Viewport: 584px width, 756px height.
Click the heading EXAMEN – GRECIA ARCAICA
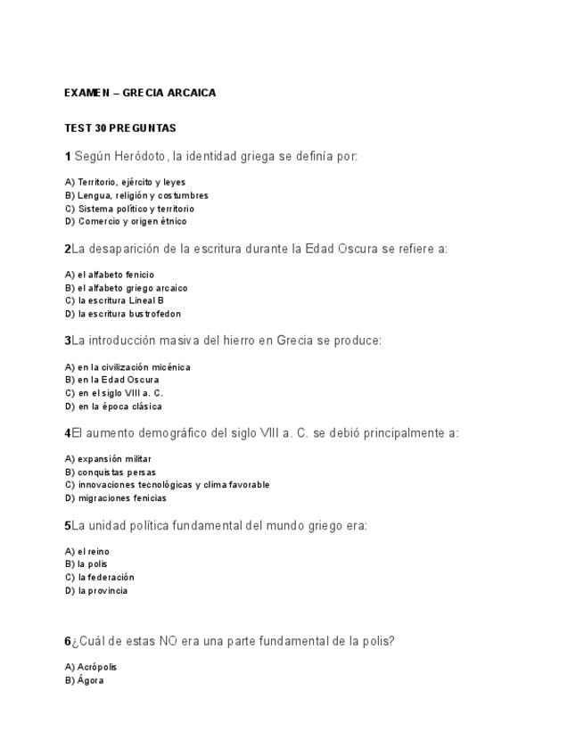(140, 93)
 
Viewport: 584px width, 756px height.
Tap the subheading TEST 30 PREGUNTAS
(120, 128)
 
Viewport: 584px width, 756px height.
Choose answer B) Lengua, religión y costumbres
(136, 195)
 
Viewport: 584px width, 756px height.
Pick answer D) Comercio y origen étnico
(126, 221)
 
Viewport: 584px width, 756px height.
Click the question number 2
(68, 250)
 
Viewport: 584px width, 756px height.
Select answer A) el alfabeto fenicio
(110, 275)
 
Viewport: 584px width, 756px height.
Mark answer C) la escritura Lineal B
(114, 300)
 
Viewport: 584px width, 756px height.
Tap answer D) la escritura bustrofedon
(123, 314)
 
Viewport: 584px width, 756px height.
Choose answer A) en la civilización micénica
(127, 366)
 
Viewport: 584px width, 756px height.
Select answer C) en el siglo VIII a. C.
(114, 392)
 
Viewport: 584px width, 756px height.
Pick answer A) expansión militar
(108, 459)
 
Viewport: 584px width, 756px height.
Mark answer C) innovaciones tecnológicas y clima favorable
(167, 485)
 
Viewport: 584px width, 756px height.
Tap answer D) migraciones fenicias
(116, 498)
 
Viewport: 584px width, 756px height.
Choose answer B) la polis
(86, 564)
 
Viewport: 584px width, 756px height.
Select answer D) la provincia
(96, 590)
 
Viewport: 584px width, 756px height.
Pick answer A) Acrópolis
(91, 667)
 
